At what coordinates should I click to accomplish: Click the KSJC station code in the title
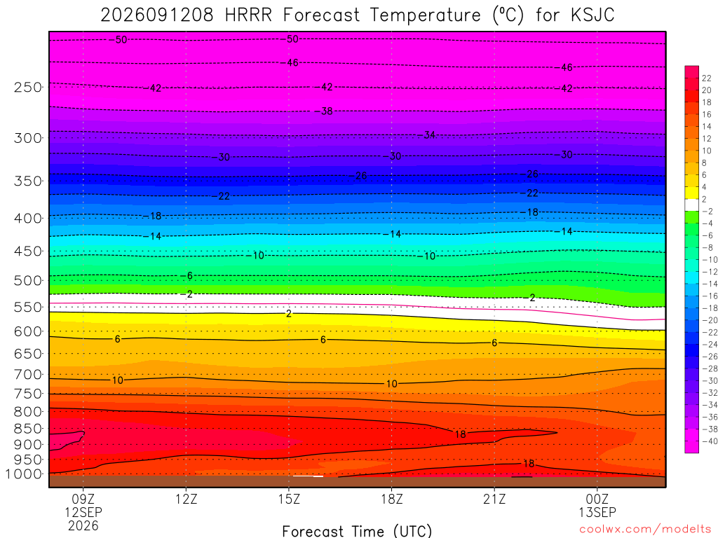(x=592, y=15)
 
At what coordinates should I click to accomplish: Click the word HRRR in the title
(x=248, y=15)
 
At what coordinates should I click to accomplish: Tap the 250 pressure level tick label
(x=28, y=87)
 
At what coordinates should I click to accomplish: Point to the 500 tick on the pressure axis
(x=28, y=280)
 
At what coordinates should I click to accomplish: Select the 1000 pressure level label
(x=23, y=474)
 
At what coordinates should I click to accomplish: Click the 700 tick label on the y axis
(x=28, y=375)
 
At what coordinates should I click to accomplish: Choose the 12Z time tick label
(x=186, y=499)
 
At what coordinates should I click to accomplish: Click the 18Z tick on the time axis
(x=391, y=499)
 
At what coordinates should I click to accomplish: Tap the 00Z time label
(x=597, y=499)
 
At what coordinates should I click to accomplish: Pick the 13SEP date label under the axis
(x=597, y=512)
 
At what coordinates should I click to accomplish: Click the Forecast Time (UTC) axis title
(x=357, y=531)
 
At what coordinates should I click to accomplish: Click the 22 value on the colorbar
(x=707, y=78)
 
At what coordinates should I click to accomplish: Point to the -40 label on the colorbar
(x=710, y=441)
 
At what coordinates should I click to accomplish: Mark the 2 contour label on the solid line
(x=288, y=314)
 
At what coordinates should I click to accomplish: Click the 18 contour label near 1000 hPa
(x=529, y=464)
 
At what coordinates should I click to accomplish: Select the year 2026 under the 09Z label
(x=83, y=526)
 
